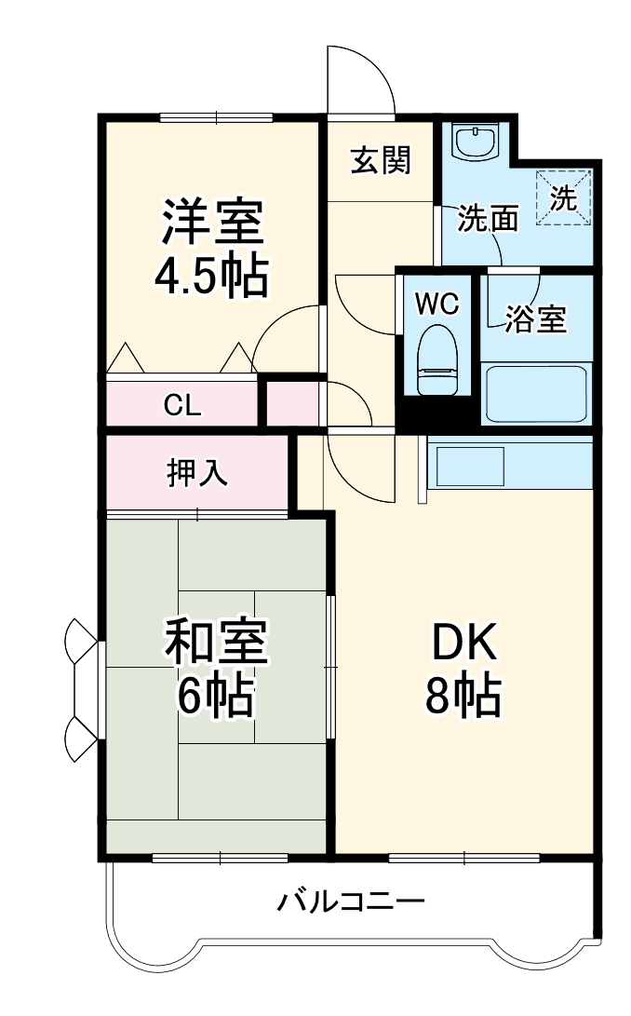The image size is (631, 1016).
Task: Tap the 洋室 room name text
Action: coord(213,223)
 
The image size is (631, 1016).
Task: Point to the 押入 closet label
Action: coord(197,472)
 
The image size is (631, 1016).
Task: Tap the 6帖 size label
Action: coord(215,696)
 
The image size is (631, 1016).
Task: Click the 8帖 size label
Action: coord(463,696)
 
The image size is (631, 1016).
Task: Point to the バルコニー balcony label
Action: coord(352,901)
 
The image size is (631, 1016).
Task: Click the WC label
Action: coord(436,305)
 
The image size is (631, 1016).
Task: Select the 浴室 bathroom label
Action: coord(535,318)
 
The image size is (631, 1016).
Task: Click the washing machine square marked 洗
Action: coord(563,197)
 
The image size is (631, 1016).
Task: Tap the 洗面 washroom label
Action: coord(488,220)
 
